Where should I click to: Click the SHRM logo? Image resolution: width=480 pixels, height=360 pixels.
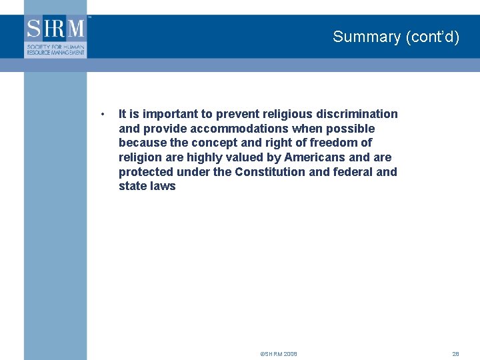point(56,37)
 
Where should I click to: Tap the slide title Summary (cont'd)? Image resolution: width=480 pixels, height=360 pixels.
point(396,37)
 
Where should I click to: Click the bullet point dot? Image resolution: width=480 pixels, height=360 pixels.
point(101,114)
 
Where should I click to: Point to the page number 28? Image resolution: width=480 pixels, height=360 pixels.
point(456,354)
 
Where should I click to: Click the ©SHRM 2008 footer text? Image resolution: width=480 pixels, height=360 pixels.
point(279,354)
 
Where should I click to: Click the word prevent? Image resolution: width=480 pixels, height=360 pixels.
point(238,114)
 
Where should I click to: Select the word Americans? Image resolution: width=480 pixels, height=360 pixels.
point(314,157)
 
